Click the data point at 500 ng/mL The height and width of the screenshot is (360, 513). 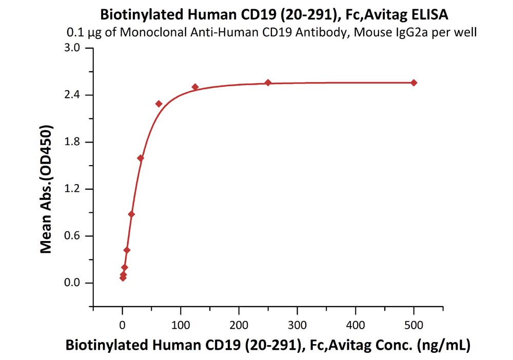[414, 83]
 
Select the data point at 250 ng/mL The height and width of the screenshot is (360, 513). [268, 83]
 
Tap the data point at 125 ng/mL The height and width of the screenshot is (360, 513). [195, 87]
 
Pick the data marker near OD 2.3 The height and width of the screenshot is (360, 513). [159, 104]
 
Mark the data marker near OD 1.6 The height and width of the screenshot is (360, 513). [141, 158]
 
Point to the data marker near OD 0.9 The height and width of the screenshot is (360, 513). [131, 214]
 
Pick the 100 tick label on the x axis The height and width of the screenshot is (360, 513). [180, 325]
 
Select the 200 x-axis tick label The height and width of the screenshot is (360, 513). [239, 325]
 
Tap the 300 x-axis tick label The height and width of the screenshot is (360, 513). [297, 325]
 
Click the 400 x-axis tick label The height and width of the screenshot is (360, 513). [356, 325]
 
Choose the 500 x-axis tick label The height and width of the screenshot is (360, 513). [414, 325]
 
